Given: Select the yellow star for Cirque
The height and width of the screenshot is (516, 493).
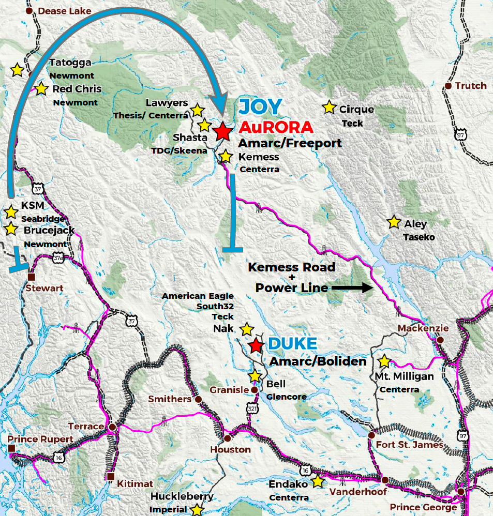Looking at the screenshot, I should (329, 108).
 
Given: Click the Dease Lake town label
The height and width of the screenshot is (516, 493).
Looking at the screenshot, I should (65, 11).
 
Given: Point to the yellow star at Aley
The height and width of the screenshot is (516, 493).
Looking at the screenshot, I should (394, 222).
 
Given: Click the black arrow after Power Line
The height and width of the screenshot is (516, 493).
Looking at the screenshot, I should (352, 288).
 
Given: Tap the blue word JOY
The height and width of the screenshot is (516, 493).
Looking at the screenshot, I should (259, 107).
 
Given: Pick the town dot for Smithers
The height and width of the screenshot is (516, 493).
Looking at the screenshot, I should (198, 399).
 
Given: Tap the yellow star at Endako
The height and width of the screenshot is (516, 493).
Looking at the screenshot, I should (317, 481).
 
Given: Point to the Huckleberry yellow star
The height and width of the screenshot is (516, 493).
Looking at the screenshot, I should (197, 510).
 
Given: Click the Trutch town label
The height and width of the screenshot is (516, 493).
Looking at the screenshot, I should (471, 86).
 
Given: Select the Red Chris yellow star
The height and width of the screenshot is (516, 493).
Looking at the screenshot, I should (41, 89).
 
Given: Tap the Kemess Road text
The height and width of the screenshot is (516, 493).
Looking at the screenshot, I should (292, 267).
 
